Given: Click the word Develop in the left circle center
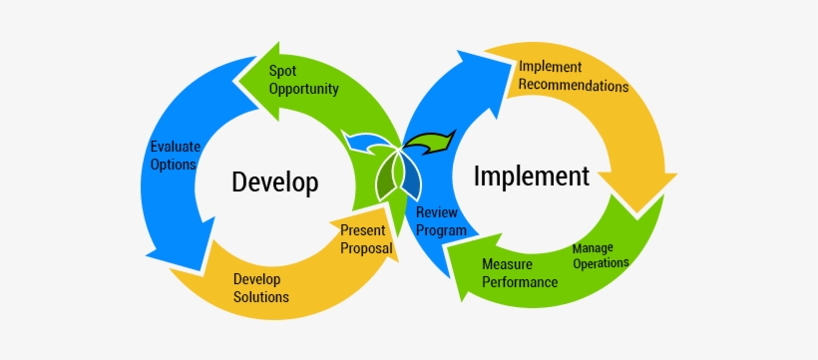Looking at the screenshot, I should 274,182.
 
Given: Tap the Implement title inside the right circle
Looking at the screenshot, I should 531,177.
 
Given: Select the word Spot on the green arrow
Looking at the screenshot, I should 282,71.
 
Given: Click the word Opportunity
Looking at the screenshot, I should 303,89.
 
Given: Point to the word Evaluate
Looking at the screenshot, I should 175,146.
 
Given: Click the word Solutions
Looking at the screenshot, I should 261,297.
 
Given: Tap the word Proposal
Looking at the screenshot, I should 365,247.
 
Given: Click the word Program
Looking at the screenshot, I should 441,230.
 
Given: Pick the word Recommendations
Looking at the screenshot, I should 574,86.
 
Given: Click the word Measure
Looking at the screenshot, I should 507,265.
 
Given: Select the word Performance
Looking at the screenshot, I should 520,282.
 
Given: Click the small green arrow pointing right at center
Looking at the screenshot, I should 435,141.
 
